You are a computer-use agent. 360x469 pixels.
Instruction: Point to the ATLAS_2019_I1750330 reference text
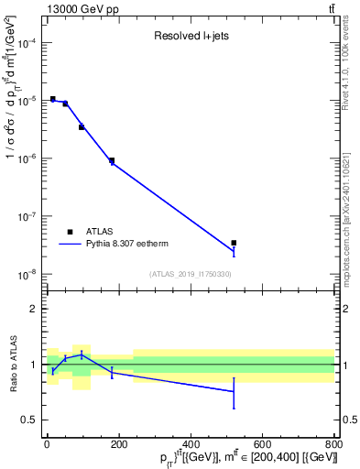[191, 274]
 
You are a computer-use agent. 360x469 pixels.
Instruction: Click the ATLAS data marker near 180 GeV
[112, 160]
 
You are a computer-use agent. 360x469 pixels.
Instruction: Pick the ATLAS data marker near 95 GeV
[82, 126]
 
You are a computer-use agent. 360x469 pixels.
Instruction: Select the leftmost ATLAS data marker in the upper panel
[53, 99]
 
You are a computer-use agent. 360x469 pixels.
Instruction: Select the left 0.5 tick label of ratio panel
[30, 420]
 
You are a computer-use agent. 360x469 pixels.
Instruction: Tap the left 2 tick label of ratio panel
[35, 309]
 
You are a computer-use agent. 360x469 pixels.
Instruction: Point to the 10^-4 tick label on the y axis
[27, 43]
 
